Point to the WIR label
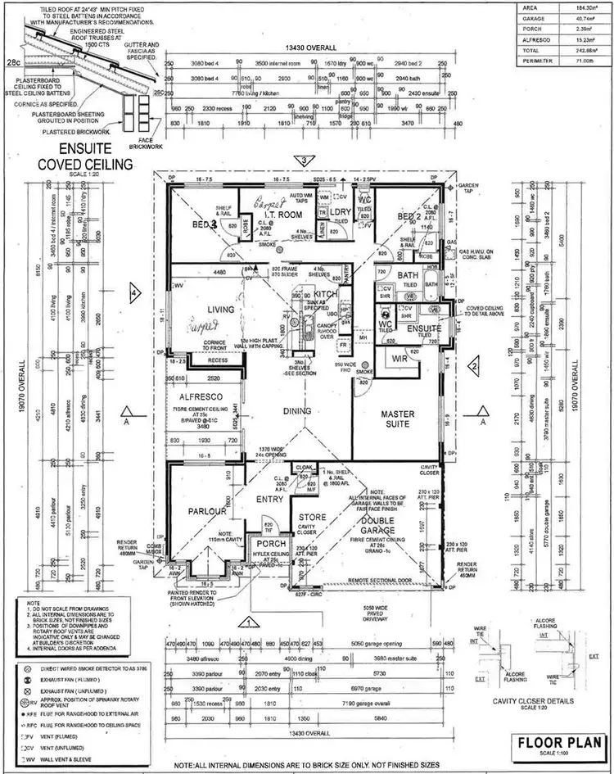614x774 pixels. point(398,359)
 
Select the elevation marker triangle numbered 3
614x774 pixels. point(304,161)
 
